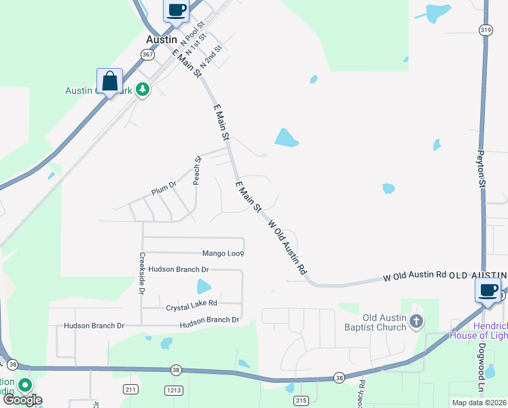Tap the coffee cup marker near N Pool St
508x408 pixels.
(176, 11)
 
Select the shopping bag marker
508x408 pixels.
(109, 81)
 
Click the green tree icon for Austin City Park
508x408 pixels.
(142, 89)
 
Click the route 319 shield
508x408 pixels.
(486, 29)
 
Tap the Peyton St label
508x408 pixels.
(482, 169)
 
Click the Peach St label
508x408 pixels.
(198, 170)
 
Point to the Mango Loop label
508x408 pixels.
(223, 253)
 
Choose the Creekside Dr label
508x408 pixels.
(143, 273)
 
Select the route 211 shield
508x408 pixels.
(132, 389)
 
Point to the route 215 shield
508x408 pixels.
(301, 401)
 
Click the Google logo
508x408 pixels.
(22, 400)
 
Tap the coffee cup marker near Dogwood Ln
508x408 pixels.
(488, 290)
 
